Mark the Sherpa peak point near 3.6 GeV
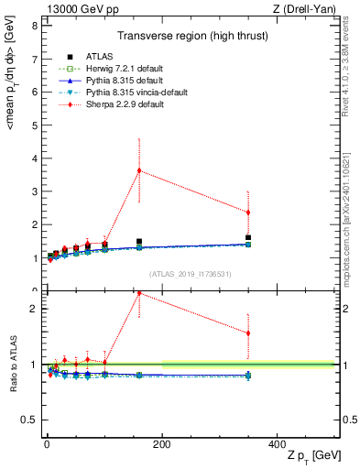click(x=138, y=170)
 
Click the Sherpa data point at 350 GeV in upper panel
click(x=248, y=213)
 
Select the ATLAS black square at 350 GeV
click(x=248, y=238)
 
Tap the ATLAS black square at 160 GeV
click(x=138, y=242)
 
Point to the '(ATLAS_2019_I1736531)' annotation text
click(x=190, y=275)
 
